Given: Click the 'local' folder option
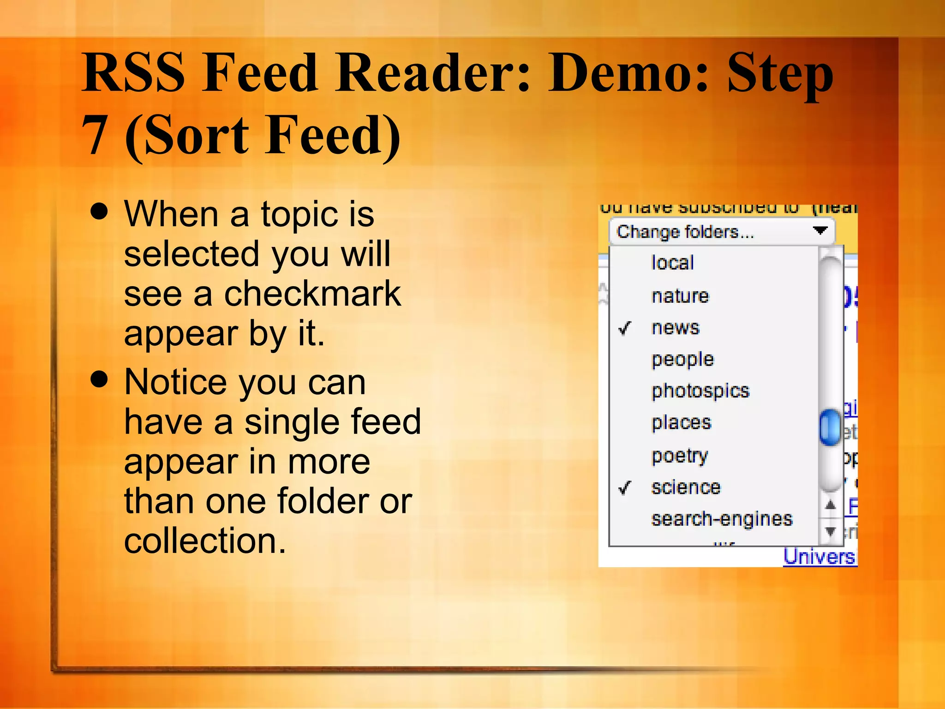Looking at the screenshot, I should point(672,263).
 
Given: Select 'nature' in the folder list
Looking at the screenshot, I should point(680,295).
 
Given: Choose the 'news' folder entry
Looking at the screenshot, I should point(675,328).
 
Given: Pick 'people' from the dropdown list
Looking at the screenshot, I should point(682,360).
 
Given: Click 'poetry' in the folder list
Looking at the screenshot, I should point(679,456).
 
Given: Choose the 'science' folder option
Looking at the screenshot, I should point(686,487).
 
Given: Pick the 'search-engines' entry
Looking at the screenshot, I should point(722,519).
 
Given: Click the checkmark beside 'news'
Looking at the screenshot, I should point(625,328).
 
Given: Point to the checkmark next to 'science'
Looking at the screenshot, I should point(625,487).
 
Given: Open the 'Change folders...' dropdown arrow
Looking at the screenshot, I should point(820,230).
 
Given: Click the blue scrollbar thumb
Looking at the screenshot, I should point(830,427).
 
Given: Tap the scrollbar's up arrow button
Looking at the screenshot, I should point(830,505).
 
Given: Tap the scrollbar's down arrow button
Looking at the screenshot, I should point(830,531).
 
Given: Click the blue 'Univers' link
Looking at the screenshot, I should point(819,557).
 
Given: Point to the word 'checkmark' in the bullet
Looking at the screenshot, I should point(312,294).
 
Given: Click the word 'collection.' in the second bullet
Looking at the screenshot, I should point(205,541).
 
